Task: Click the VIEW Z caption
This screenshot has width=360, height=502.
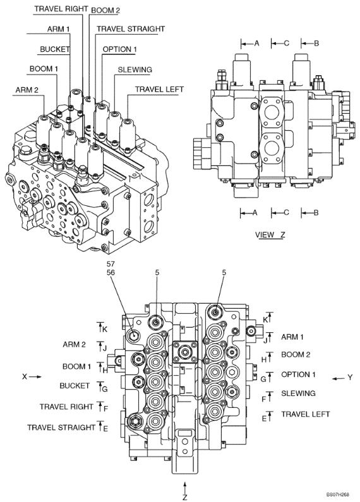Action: point(270,235)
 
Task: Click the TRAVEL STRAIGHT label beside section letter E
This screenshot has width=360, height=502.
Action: point(61,427)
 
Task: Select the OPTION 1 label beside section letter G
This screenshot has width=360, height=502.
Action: point(298,374)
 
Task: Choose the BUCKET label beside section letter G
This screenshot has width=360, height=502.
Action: point(74,385)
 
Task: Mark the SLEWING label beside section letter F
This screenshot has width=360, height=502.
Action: point(298,393)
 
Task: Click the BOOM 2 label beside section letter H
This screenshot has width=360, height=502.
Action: point(296,354)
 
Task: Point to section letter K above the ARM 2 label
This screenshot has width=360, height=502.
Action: point(105,329)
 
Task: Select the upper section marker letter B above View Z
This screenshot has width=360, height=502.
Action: point(316,44)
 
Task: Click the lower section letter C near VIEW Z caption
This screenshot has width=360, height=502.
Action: point(286,213)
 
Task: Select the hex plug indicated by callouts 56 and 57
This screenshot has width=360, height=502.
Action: point(135,335)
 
